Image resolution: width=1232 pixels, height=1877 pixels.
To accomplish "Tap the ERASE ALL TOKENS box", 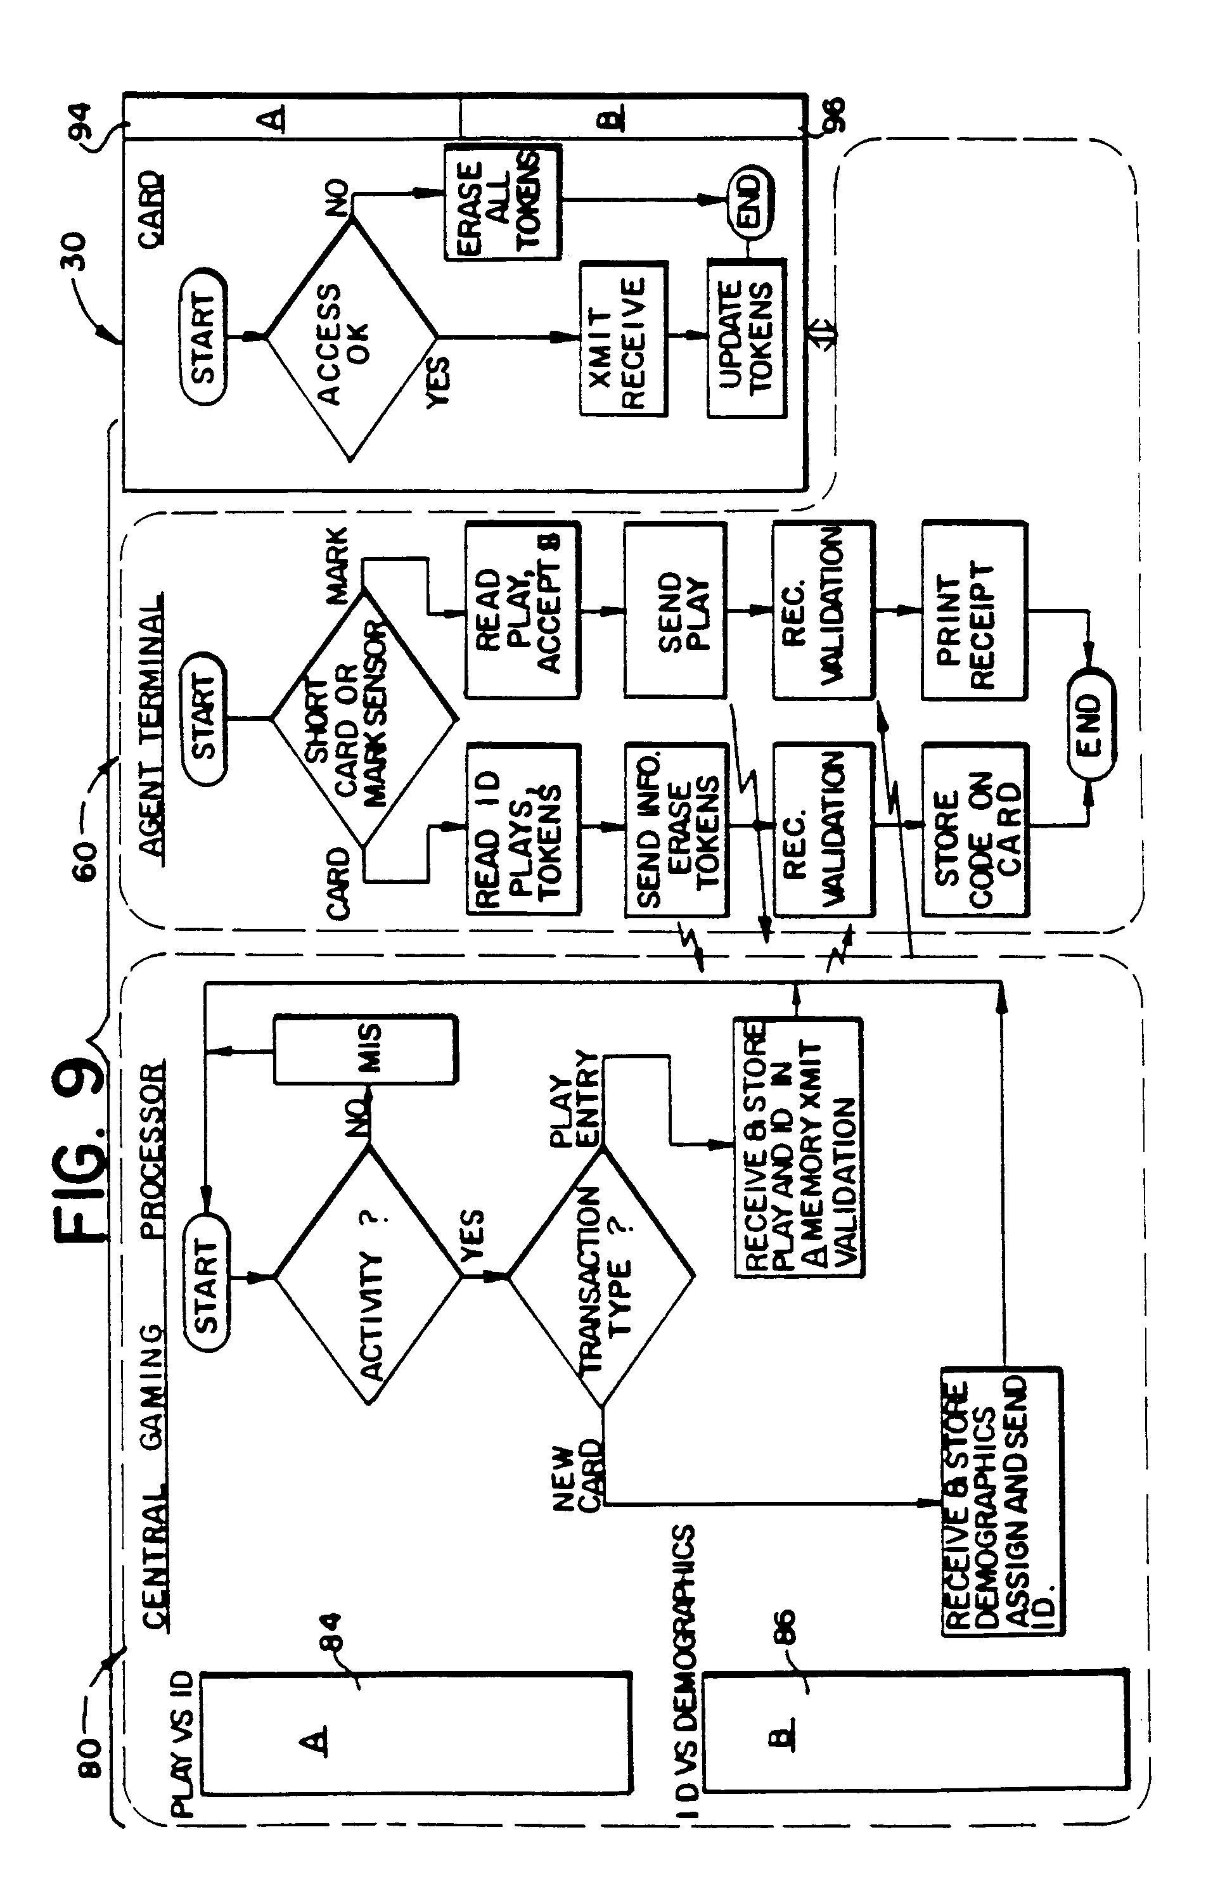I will [502, 202].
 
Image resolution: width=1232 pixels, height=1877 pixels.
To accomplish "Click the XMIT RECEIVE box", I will [623, 339].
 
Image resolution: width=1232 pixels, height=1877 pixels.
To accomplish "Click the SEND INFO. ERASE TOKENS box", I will [676, 830].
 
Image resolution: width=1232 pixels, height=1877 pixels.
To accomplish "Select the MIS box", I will [365, 1049].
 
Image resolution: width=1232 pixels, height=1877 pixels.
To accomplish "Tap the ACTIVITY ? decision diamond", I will [368, 1275].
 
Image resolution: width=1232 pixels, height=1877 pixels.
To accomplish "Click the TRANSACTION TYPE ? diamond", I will [601, 1275].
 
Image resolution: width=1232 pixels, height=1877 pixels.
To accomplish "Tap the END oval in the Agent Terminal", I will [1090, 724].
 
